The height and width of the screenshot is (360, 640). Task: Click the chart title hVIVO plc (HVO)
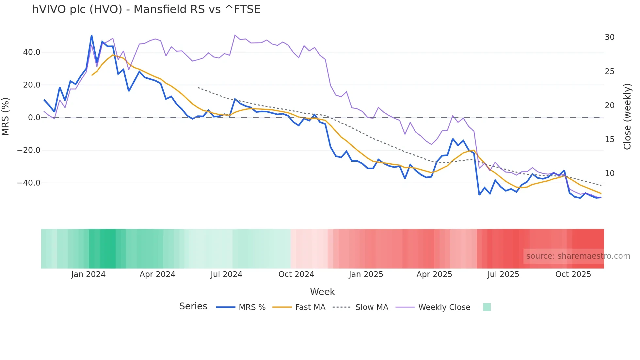point(146,9)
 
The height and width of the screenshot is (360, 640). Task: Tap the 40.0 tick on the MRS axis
point(31,52)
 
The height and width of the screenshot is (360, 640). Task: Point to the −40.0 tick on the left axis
point(29,183)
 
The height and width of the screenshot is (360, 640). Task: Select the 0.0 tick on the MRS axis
point(34,118)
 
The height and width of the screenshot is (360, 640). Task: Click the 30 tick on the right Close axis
point(609,37)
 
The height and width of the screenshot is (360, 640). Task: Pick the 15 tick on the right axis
point(609,139)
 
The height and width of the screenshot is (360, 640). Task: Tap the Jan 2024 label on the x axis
point(88,274)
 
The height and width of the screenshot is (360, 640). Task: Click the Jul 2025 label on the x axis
point(503,274)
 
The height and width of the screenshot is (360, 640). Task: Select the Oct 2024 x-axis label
point(296,274)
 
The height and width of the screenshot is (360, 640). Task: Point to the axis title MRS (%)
point(6,117)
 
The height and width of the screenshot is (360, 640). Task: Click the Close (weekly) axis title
point(627,117)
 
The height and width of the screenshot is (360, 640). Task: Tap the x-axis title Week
point(322,292)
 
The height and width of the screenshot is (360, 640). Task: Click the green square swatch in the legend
point(487,307)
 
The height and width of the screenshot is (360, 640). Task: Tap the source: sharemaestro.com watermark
point(578,256)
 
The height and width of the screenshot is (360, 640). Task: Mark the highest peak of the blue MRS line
point(91,35)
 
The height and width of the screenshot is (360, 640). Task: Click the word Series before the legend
point(193,306)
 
